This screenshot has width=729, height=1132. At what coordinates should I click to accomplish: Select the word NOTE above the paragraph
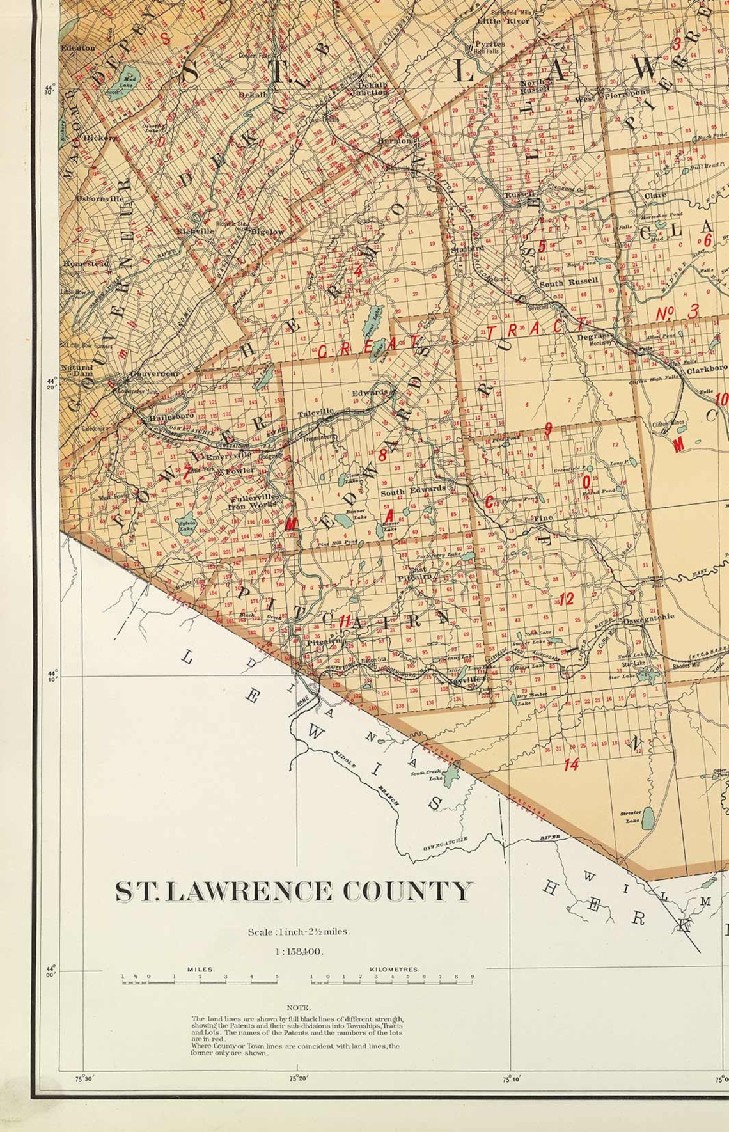point(298,1007)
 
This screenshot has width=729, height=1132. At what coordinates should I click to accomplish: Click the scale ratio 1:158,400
point(299,951)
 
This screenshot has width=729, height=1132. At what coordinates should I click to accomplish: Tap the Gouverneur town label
point(155,374)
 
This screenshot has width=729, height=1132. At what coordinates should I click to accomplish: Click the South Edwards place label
point(413,490)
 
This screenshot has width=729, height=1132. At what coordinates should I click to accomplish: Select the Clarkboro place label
point(707,369)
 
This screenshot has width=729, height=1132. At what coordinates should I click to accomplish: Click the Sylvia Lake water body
point(187,524)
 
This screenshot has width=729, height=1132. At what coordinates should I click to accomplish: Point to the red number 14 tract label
point(571,764)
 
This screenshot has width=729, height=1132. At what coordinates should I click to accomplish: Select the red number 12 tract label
point(566,599)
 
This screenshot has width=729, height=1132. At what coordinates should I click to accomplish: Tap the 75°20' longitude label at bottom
point(298,1079)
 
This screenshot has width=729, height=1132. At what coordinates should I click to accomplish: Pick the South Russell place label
point(569,281)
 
